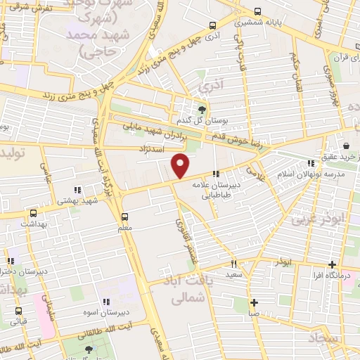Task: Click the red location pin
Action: pos(181,166)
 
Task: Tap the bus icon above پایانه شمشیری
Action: pos(257,12)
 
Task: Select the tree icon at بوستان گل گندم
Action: pos(202,109)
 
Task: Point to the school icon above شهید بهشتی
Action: pos(77,190)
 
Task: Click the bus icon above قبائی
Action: pos(18,311)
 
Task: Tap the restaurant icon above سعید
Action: pos(233,264)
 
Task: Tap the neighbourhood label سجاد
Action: pos(323,339)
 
